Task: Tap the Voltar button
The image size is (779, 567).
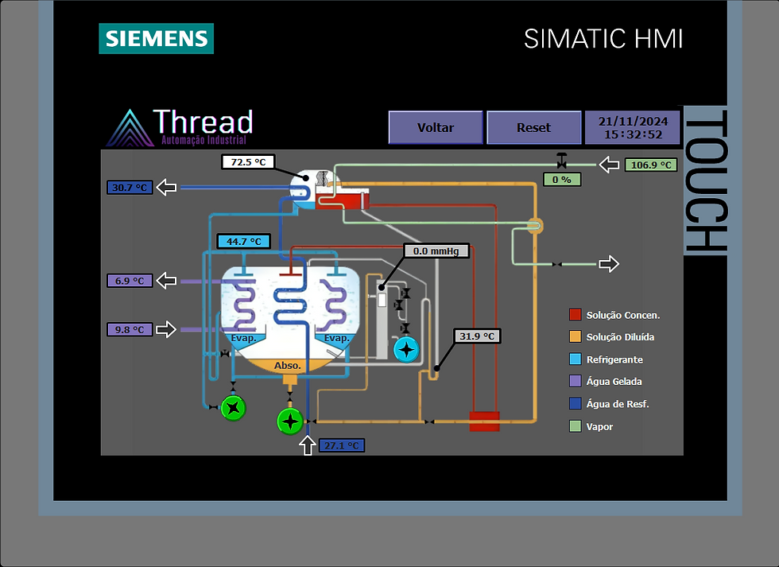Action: pos(436,128)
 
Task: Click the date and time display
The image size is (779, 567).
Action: pos(633,128)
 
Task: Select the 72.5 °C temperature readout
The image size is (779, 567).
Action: pos(248,162)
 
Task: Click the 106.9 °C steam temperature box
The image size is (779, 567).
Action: pos(651,165)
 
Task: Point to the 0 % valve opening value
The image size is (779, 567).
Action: pos(562,180)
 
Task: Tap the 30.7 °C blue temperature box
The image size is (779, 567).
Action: pos(130,188)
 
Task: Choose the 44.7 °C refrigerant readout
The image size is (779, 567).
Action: pos(244,242)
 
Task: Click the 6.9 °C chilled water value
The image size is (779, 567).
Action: pos(130,281)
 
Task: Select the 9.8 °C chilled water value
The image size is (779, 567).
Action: pos(130,329)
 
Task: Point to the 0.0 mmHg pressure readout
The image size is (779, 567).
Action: pos(436,251)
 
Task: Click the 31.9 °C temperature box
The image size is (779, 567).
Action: pos(477,336)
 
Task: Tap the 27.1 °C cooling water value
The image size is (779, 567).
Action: pos(342,445)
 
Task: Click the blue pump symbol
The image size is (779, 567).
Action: pos(406,349)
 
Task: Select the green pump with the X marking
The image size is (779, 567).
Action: pos(233,408)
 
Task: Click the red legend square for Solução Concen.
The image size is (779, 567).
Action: pos(576,315)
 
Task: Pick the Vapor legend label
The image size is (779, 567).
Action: pos(599,426)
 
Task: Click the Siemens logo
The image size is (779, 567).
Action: pos(157,38)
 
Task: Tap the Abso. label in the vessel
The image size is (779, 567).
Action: pos(288,365)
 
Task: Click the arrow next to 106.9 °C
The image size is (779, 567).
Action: pos(609,165)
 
